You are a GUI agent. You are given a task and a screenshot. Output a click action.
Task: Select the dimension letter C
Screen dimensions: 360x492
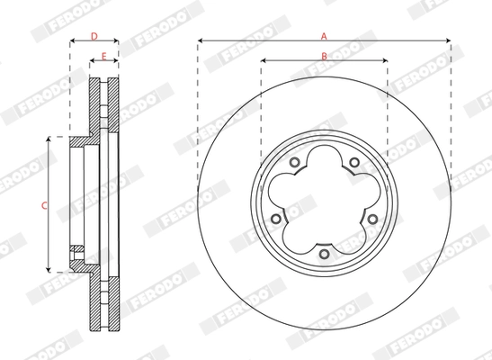tap(44, 205)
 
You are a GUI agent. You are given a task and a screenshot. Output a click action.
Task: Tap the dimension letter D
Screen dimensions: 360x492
tap(94, 37)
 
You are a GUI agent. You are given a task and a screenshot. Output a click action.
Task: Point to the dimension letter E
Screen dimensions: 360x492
tap(104, 58)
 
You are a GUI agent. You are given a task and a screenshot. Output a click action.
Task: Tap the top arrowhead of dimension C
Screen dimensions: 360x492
tap(49, 140)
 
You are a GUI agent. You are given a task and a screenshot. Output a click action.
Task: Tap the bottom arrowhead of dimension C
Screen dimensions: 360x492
tap(49, 269)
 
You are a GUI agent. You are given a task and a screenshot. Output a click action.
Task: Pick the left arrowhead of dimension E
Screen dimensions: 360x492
tap(92, 63)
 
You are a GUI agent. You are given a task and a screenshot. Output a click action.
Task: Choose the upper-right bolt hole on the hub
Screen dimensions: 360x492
tap(354, 163)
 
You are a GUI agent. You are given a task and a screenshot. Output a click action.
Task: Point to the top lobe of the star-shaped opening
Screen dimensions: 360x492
tap(324, 162)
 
